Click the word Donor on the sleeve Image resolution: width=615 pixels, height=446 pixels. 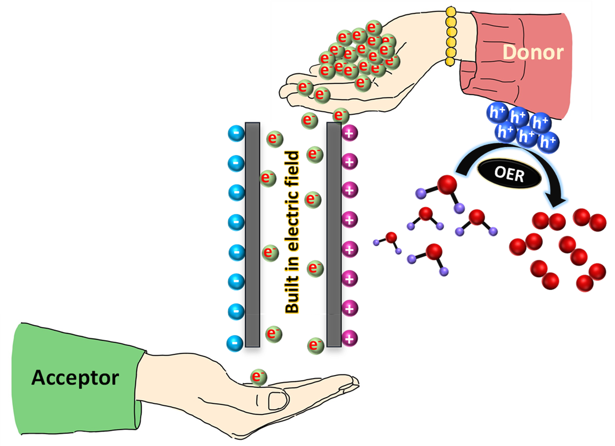pos(533,52)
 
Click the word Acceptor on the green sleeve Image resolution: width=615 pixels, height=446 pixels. pos(75,377)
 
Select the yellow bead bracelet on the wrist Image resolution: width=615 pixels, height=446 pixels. pos(450,36)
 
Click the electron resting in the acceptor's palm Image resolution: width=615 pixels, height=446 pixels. pos(258,376)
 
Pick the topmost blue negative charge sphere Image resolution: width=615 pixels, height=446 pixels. pos(235,134)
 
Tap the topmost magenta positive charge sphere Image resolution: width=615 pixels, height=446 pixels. pos(349,134)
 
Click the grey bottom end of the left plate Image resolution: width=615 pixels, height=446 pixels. pos(252,330)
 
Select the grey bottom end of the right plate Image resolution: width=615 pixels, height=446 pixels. pos(334,330)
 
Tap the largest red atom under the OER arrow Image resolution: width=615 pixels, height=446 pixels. pos(446,185)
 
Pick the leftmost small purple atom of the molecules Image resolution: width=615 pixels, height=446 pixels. pos(376,243)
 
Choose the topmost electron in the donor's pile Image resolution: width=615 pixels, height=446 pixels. pos(373,27)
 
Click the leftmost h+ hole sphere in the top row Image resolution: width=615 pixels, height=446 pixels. pos(496,113)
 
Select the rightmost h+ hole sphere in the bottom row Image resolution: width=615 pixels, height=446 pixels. pos(548,141)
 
